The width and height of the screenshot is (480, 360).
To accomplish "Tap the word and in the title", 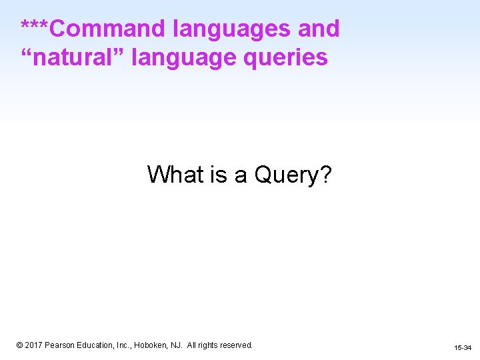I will tap(318, 29).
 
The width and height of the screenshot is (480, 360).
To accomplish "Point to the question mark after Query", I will tap(326, 175).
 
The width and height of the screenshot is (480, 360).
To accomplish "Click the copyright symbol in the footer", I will tap(20, 345).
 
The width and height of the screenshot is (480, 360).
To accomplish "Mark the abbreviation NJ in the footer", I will tap(175, 345).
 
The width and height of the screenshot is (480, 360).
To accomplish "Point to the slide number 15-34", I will tap(463, 348).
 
